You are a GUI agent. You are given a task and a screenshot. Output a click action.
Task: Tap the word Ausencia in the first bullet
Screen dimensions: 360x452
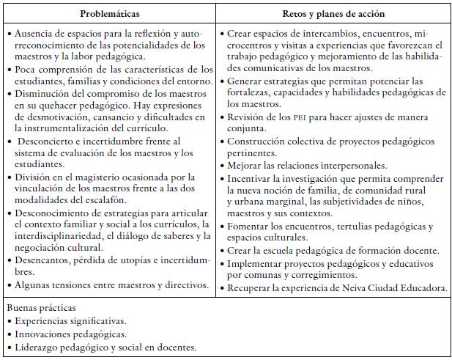pyautogui.click(x=32, y=34)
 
